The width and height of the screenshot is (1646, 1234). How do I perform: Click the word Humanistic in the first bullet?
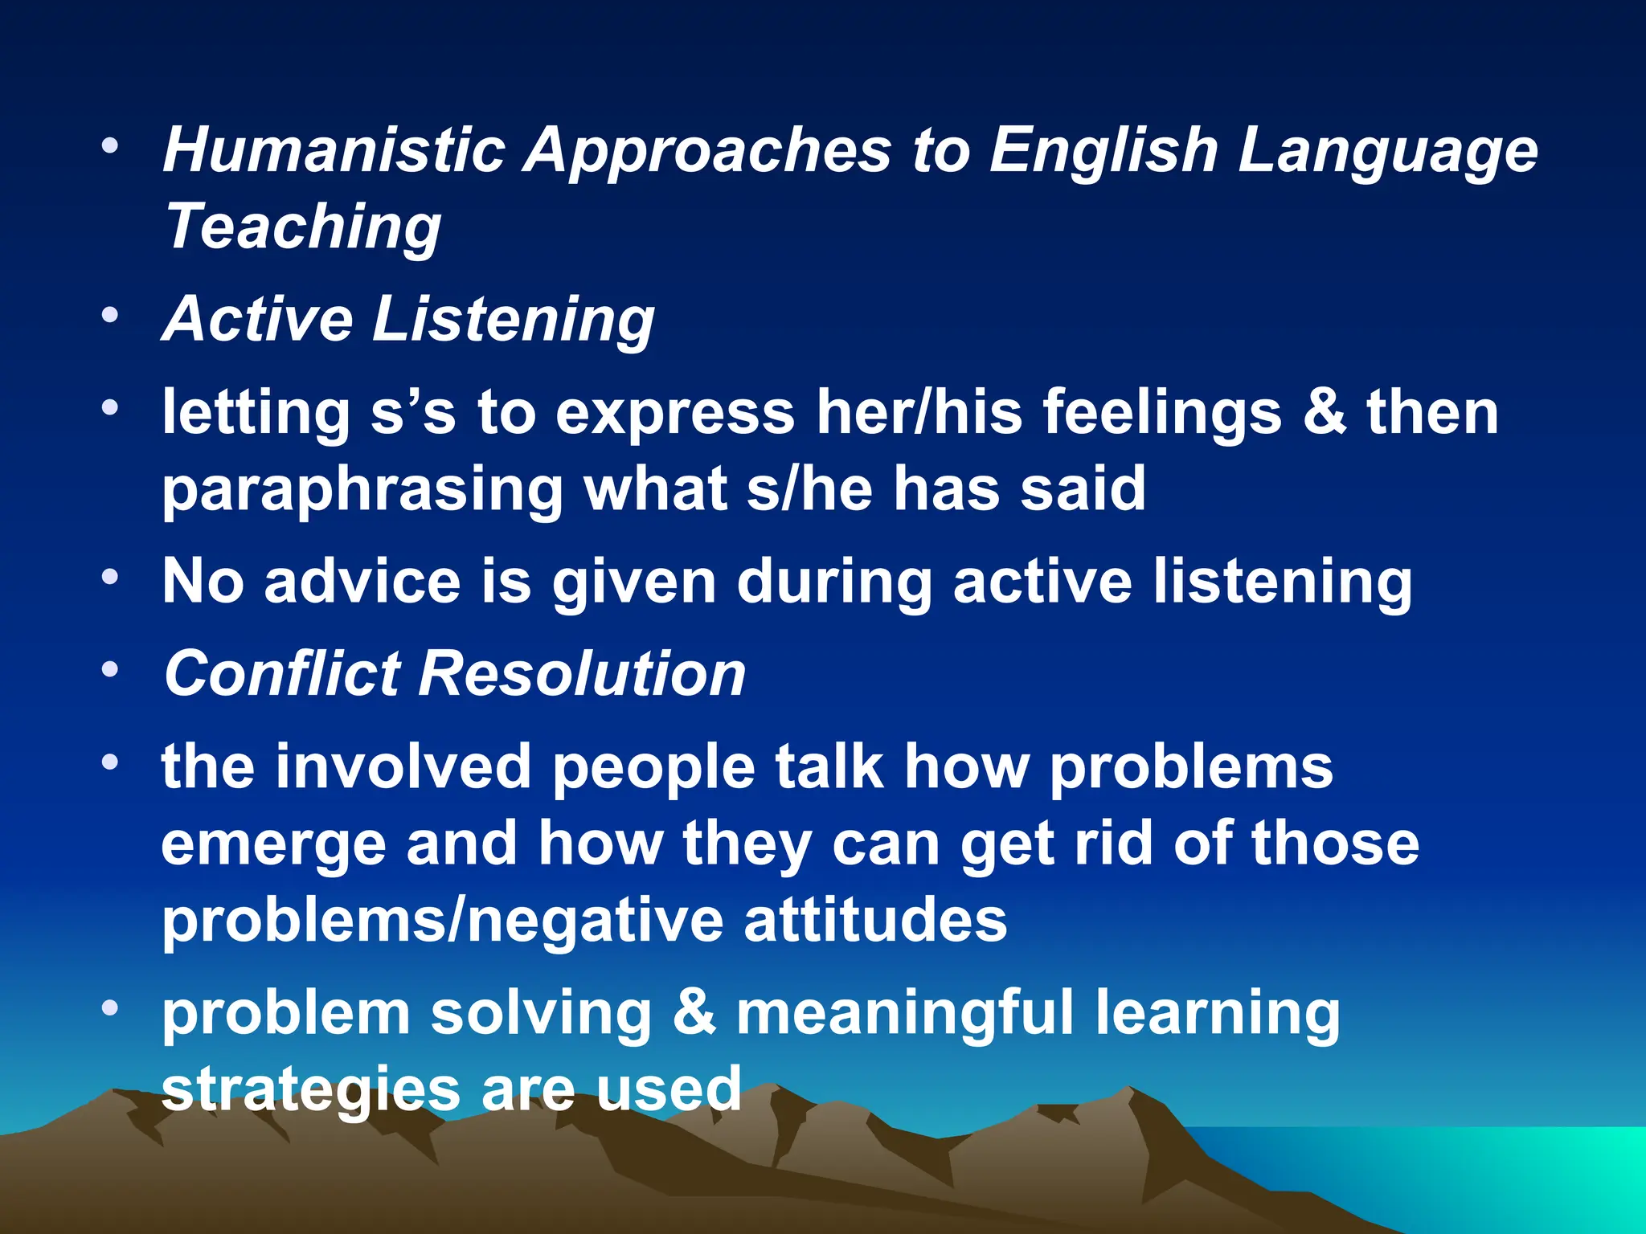point(334,150)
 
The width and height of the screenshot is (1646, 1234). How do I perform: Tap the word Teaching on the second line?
point(303,227)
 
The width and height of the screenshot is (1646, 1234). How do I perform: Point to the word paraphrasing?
point(362,490)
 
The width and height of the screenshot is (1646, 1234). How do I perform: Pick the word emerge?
point(273,845)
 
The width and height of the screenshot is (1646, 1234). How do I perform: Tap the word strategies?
point(310,1089)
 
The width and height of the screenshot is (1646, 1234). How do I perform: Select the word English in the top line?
point(1103,150)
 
